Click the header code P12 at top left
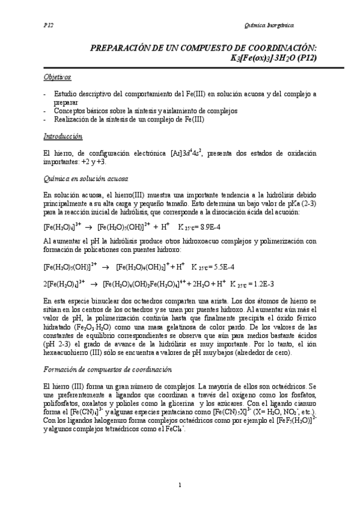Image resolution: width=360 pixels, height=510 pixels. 49,26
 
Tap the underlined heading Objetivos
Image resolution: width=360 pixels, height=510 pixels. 58,78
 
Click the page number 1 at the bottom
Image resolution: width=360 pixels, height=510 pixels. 180,485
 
